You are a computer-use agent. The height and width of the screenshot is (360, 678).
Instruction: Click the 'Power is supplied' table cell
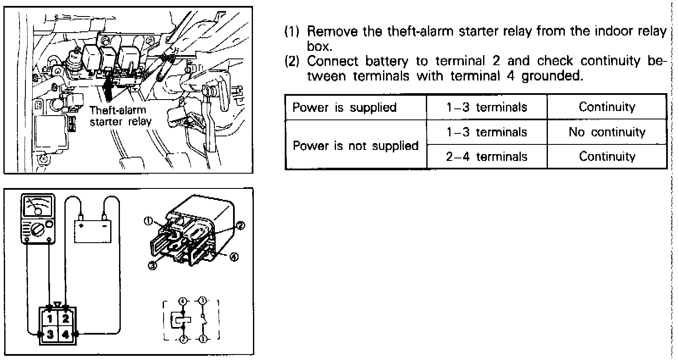344,107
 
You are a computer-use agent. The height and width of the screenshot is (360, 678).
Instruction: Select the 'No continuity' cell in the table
607,132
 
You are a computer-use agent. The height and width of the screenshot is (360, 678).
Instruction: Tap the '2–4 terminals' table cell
486,157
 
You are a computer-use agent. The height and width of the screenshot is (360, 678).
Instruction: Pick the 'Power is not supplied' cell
356,145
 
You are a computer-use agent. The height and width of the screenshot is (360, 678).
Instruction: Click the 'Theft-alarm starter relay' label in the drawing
120,116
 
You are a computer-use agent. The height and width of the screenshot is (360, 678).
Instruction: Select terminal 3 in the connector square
50,334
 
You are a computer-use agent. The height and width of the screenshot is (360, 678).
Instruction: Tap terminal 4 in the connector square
65,334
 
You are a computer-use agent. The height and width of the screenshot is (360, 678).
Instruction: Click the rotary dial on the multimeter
38,230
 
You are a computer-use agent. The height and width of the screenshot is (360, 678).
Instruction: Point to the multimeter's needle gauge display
38,207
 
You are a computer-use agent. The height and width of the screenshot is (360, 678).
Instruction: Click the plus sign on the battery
81,226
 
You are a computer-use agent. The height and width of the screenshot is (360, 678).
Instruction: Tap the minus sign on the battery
103,226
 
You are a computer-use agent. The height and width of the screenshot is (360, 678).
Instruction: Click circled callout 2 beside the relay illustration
240,225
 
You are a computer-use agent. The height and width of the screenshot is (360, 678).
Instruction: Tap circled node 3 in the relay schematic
203,301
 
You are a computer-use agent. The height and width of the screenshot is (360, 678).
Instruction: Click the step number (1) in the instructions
292,31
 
